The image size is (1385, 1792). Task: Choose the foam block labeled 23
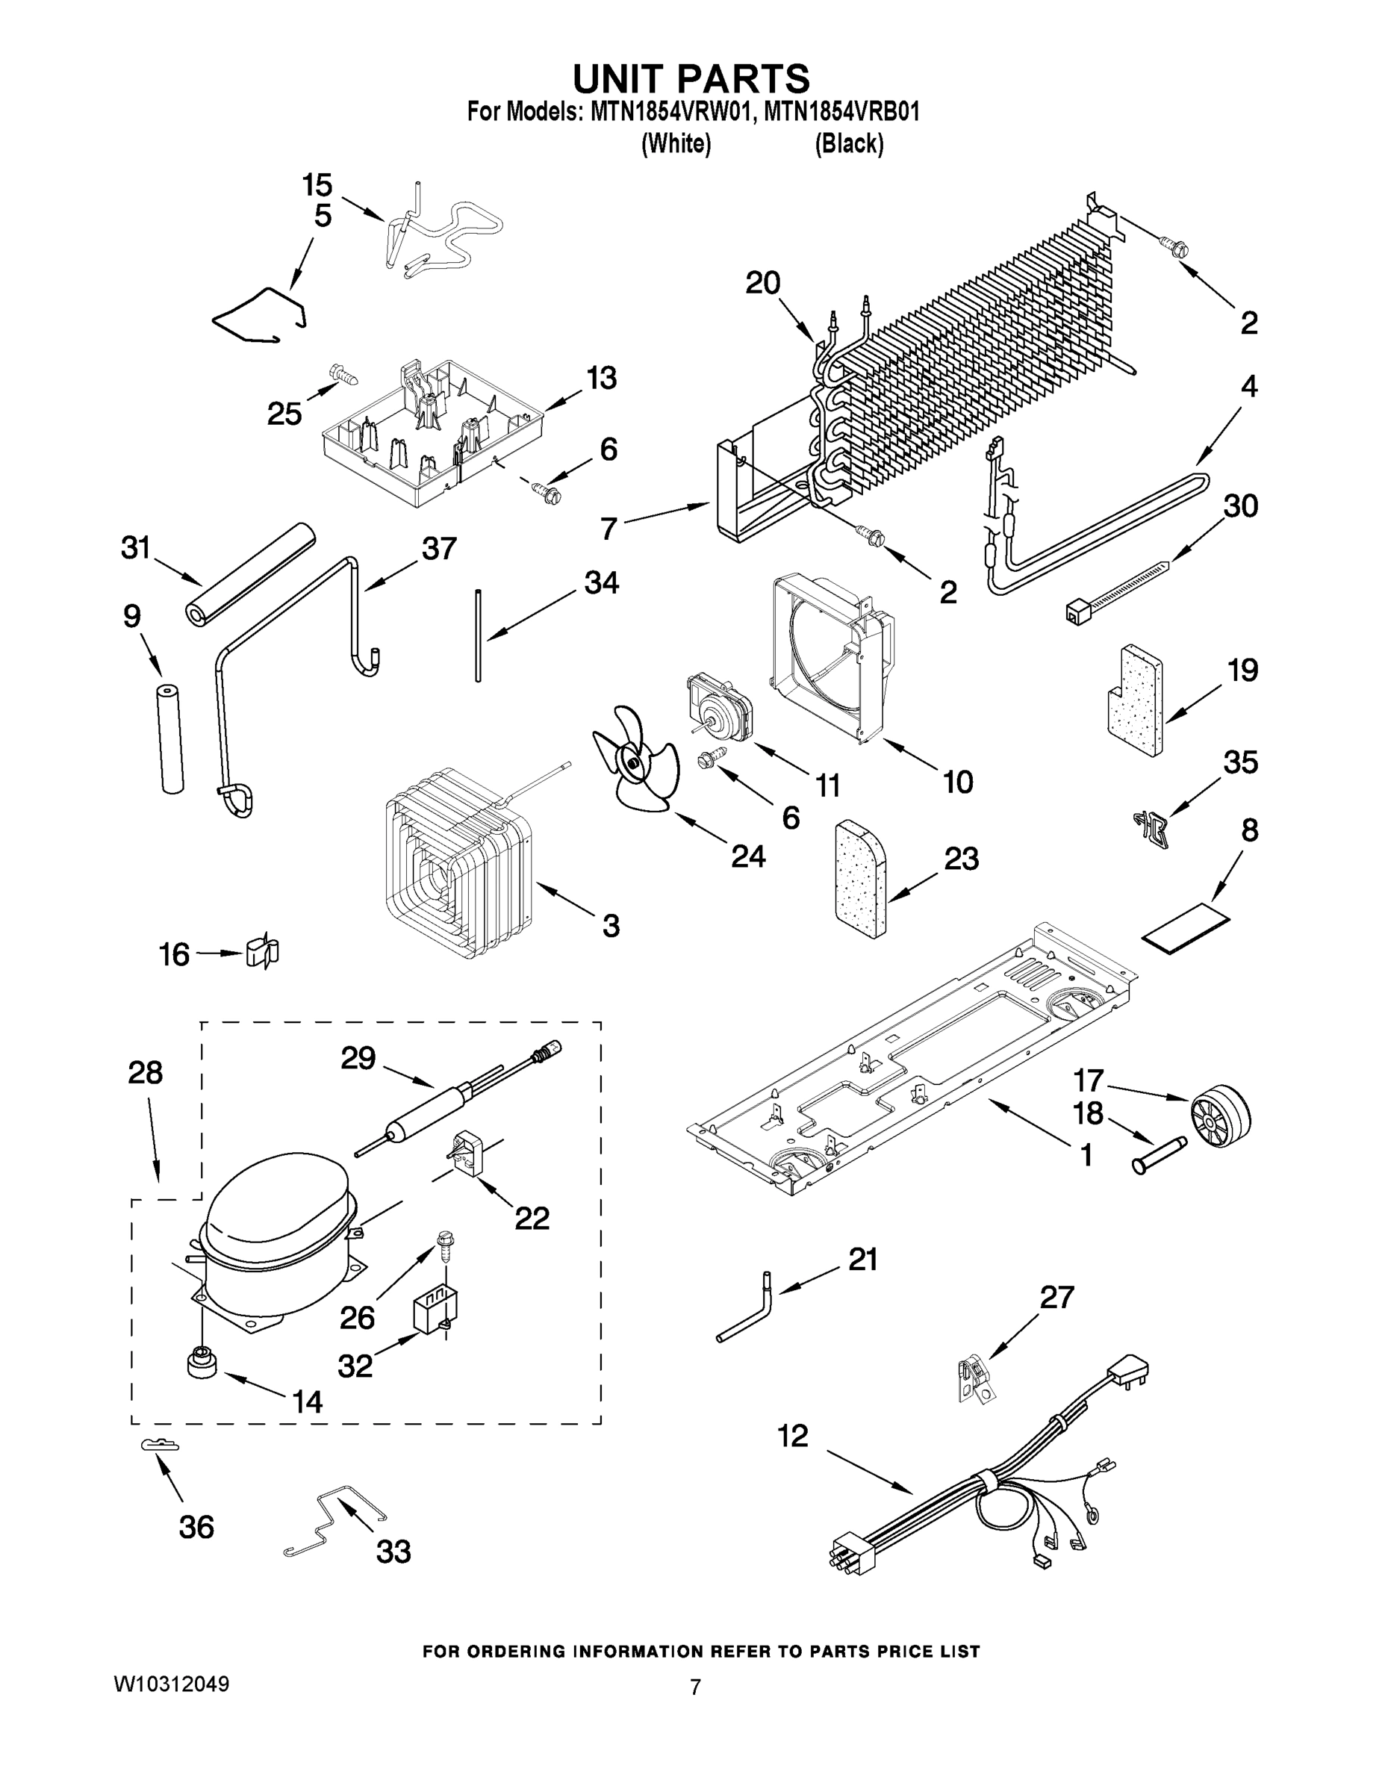(x=859, y=878)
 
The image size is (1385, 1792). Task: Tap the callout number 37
(x=439, y=548)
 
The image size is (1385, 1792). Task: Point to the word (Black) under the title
(x=849, y=144)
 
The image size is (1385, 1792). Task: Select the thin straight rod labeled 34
(x=476, y=633)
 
